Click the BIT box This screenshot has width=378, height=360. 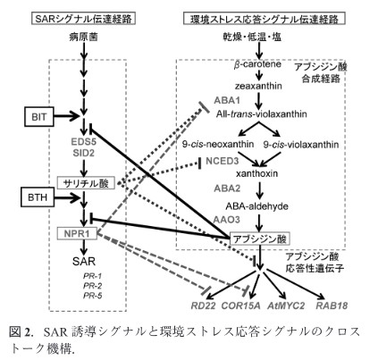39,117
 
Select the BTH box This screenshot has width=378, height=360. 38,197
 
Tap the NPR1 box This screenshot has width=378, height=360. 77,234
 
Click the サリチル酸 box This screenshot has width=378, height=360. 87,183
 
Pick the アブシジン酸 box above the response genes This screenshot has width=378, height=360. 259,239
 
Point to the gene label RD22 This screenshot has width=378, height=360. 203,306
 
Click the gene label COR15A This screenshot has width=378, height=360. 240,306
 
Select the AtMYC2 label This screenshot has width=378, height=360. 286,306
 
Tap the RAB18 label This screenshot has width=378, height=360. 332,306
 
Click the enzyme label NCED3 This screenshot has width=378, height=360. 223,161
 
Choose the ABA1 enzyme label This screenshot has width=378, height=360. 227,100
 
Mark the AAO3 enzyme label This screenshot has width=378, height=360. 226,220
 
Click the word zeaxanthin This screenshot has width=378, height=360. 258,86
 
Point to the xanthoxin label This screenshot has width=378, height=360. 256,173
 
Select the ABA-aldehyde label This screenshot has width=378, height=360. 256,206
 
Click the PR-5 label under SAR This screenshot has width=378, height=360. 93,296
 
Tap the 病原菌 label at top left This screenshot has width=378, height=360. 83,37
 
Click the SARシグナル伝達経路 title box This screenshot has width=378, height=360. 83,19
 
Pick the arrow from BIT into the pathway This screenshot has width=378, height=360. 67,115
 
